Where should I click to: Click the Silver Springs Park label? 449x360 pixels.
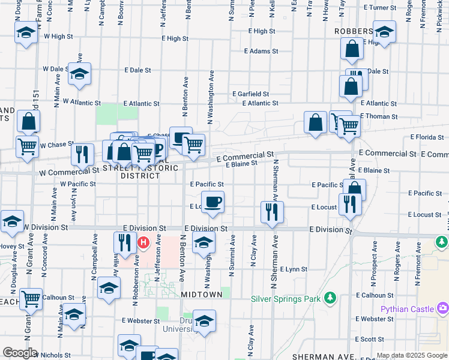coord(285,298)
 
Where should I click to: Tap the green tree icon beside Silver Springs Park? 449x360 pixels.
coord(329,298)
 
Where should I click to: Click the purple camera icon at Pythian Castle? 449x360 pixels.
coord(443,308)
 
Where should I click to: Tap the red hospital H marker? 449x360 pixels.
coord(144,243)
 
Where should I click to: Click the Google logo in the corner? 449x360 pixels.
coord(20,353)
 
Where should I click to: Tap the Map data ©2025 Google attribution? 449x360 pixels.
coord(412,356)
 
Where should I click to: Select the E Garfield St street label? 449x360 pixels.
coord(250,94)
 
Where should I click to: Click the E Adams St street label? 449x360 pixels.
coord(261,52)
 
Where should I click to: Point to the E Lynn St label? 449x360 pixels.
coord(293,269)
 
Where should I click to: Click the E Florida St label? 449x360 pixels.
coord(427,137)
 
